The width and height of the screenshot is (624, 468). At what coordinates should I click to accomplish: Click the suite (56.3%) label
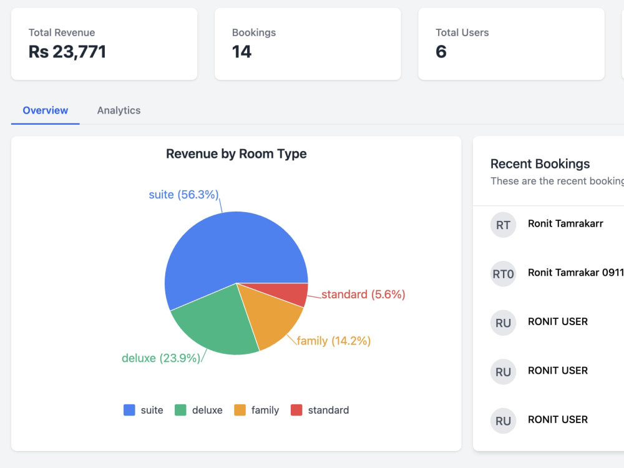tap(184, 195)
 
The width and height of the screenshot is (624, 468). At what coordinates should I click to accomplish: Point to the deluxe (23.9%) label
tap(161, 358)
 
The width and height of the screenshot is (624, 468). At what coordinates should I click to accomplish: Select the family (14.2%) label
tap(333, 341)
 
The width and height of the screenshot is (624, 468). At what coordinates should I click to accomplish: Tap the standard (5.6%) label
tap(363, 295)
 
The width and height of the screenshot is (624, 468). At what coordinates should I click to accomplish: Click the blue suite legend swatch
tap(129, 410)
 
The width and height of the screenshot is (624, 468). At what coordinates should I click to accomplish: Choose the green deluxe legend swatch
tap(181, 410)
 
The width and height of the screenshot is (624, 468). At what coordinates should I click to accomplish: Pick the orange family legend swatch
tap(240, 410)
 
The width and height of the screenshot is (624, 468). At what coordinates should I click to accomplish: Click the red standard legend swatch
tap(296, 410)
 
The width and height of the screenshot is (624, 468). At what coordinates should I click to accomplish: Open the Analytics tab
tap(119, 110)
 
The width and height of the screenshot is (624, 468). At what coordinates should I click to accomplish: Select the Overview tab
tap(46, 110)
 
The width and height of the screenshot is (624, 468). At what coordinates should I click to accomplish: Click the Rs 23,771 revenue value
tap(67, 52)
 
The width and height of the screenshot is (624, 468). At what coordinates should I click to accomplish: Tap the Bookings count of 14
tap(242, 52)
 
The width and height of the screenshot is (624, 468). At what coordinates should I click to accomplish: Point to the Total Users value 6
tap(441, 52)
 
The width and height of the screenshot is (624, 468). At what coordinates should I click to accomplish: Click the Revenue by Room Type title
tap(236, 154)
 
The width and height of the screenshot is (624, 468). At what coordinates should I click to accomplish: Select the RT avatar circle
tap(503, 225)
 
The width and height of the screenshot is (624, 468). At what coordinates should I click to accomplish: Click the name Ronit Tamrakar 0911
tap(575, 273)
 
